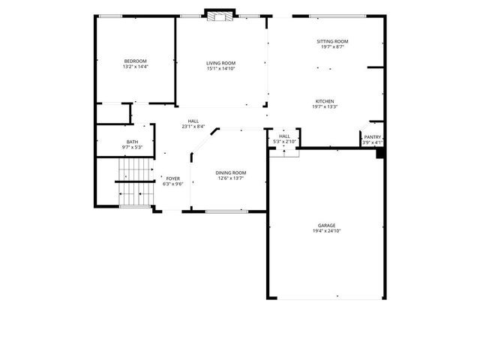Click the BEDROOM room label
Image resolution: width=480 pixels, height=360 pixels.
tap(136, 61)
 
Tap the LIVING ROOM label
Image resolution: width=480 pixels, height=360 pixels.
tap(221, 63)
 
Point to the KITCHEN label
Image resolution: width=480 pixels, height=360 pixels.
tap(325, 101)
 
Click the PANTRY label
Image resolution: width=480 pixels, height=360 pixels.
tap(373, 137)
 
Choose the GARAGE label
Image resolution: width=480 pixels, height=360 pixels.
tap(326, 225)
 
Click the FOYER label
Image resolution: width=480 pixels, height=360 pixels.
tap(173, 178)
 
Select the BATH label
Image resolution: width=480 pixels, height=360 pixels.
tap(132, 142)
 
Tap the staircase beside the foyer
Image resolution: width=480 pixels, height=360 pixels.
tap(135, 182)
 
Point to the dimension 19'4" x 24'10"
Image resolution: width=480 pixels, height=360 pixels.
tap(326, 231)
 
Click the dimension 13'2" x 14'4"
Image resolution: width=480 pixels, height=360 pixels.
tap(136, 67)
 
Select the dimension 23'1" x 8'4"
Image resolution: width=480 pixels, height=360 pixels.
tap(193, 127)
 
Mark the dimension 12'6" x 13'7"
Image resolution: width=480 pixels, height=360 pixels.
tap(231, 178)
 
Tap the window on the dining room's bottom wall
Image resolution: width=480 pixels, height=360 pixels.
tap(226, 211)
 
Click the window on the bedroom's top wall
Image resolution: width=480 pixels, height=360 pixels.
tap(111, 16)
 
